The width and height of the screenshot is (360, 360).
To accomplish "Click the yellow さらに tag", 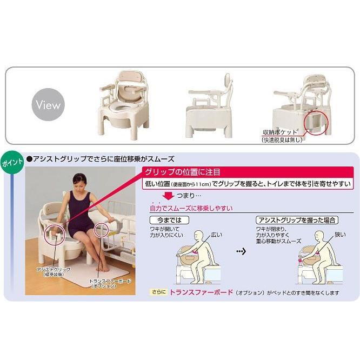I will point(158,292).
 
